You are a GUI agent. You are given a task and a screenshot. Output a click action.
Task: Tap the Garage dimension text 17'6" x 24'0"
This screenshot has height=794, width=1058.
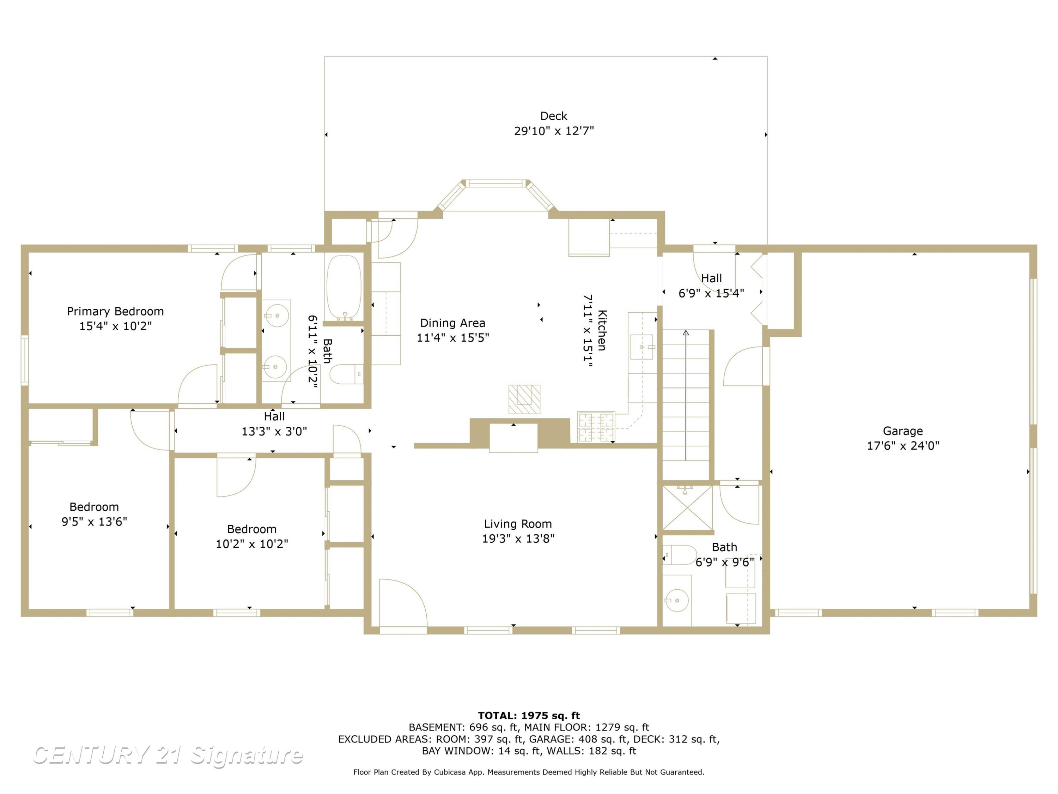903,446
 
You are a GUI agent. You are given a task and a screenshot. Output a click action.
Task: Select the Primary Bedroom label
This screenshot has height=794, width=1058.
115,312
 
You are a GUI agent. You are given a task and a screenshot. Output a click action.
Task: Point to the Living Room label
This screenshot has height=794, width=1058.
518,524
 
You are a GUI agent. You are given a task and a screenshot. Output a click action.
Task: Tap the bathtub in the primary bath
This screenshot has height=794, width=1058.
344,287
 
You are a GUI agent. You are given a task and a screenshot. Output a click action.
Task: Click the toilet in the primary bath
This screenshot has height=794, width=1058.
347,374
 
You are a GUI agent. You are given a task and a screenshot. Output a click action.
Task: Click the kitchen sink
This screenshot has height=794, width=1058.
642,347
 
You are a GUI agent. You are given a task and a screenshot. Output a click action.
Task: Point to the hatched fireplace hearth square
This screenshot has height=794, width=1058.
524,399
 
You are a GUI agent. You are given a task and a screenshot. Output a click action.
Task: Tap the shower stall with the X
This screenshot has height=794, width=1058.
687,508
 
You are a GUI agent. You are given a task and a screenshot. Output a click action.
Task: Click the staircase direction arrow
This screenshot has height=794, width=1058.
686,395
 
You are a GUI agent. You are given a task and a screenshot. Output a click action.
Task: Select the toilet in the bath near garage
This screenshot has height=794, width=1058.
680,555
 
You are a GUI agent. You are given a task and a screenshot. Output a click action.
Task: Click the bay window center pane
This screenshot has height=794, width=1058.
495,183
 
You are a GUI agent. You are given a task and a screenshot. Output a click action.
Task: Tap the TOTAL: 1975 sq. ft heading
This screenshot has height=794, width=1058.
529,716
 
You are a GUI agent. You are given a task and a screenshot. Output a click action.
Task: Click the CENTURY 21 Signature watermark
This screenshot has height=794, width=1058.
168,755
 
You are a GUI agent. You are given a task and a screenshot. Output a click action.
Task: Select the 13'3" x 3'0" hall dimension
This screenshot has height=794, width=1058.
274,432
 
